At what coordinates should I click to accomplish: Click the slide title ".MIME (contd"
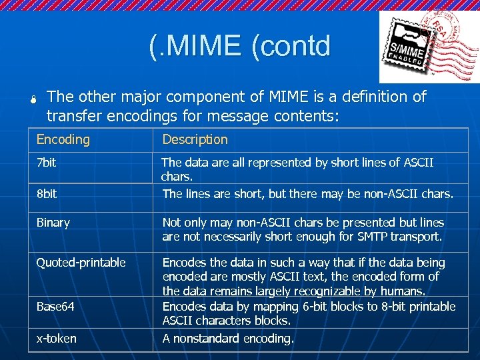240,46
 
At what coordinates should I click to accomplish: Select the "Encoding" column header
63,139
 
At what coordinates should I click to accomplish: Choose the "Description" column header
195,139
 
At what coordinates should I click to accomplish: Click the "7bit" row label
46,162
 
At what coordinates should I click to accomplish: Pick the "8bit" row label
47,194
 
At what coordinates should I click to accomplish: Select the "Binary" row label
53,223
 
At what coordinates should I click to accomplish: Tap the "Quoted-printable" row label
81,263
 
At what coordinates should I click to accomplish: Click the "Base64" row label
55,307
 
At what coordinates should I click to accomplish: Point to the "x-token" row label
57,339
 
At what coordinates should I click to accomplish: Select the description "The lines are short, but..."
307,194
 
